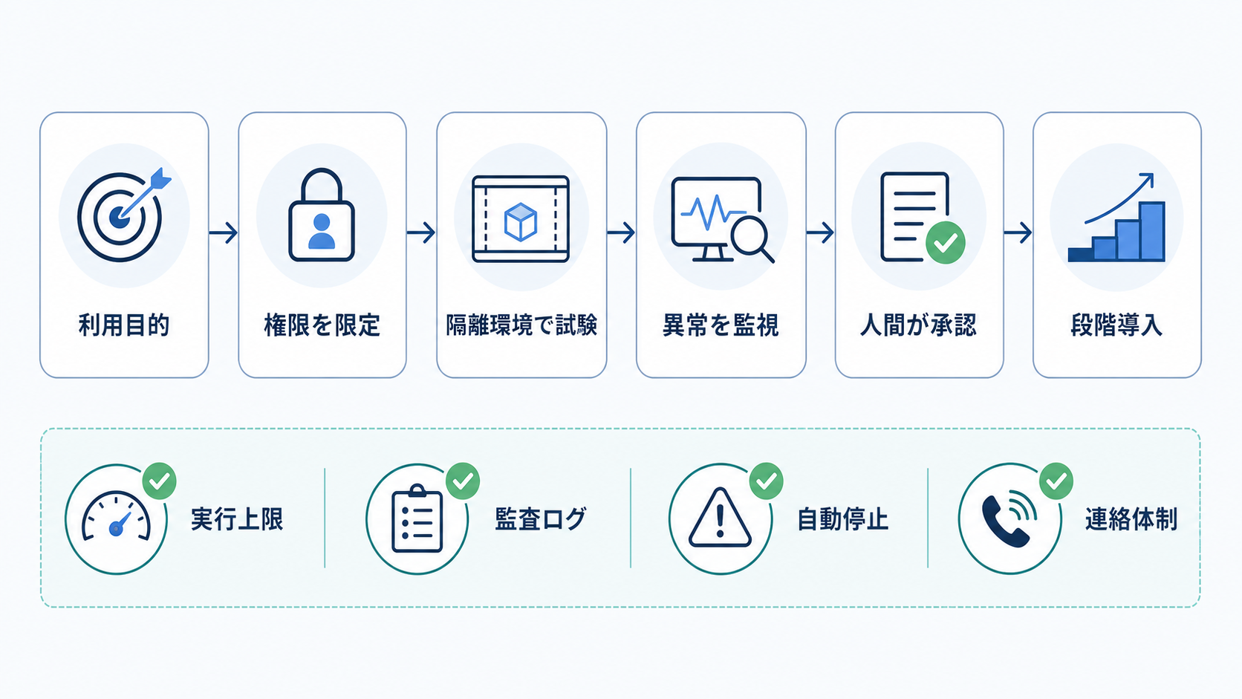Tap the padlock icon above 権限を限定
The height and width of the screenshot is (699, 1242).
(x=322, y=215)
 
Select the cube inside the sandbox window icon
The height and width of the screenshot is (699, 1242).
(x=520, y=221)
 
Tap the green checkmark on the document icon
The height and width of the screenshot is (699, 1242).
(x=946, y=242)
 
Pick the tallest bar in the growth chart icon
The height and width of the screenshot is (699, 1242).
(x=1152, y=231)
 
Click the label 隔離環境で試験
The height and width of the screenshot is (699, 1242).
(x=521, y=325)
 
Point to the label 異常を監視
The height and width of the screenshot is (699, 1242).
(x=721, y=325)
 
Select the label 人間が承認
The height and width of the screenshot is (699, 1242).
(x=918, y=325)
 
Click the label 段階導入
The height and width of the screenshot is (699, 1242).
(x=1116, y=325)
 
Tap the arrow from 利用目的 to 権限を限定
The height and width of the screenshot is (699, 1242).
(x=224, y=233)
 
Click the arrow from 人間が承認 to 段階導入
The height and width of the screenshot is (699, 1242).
(x=1018, y=233)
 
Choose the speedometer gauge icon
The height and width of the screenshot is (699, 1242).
(x=116, y=516)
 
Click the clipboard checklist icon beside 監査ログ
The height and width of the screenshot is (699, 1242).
(x=417, y=518)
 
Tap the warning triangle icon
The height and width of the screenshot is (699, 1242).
(x=721, y=517)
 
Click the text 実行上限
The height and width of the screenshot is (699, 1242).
(x=237, y=519)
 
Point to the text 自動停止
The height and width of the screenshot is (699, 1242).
(x=843, y=519)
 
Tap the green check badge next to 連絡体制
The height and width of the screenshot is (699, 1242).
(x=1056, y=481)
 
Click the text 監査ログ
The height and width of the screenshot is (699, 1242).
(x=540, y=519)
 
